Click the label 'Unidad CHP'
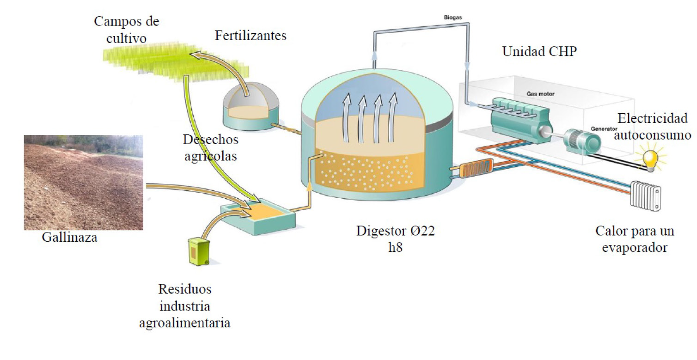tap(539, 52)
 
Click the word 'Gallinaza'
tap(70, 238)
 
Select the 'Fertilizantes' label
tap(251, 36)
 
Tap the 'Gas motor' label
tap(540, 93)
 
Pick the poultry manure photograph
tap(83, 183)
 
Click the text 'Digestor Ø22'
tap(395, 232)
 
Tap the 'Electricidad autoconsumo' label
tap(655, 127)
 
